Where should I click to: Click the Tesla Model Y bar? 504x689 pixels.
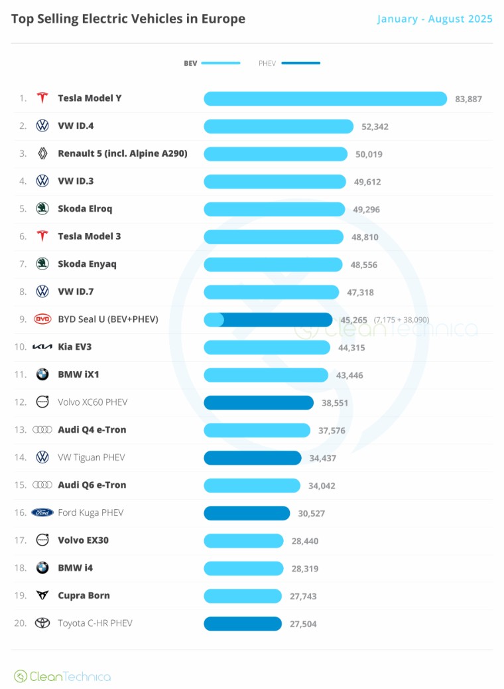coord(326,98)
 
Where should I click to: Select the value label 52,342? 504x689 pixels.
coord(375,127)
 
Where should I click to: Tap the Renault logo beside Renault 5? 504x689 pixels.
coord(42,153)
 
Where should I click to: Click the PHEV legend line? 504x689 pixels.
coord(300,63)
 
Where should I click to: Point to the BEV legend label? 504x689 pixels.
coord(190,63)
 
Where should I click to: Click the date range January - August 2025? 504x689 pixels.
coord(434,19)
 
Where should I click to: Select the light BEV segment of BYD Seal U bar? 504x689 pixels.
coord(214,319)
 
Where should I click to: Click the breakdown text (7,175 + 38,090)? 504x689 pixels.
coord(401,320)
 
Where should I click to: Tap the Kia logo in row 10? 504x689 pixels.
coord(42,346)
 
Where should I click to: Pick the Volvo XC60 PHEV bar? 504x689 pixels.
coord(259,402)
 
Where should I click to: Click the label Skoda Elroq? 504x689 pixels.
coord(85,208)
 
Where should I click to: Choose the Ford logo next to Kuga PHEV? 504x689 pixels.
coord(42,512)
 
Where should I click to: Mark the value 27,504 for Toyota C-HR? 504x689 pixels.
coord(303,624)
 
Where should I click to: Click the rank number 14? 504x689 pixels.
coord(20,457)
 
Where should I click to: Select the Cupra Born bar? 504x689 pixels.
coord(243,596)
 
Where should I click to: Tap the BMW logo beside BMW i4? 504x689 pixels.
coord(42,568)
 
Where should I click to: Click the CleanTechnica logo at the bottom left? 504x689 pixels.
coord(62,676)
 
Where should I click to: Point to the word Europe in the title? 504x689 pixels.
coord(223,19)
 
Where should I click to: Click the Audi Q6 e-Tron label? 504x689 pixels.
coord(92,485)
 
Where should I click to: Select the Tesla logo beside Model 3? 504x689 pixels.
coord(42,236)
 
